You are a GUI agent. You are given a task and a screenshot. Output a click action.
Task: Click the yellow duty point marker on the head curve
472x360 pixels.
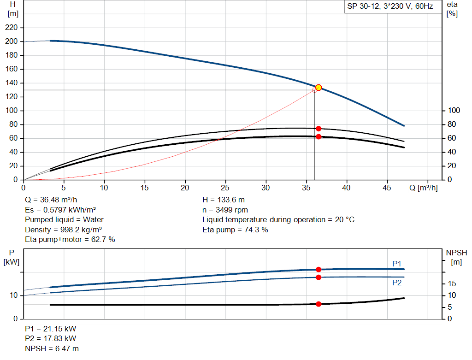coord(318,88)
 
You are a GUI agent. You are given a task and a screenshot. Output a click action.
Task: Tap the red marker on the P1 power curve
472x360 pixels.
coord(319,269)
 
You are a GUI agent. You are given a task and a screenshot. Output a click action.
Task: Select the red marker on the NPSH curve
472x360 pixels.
coord(319,304)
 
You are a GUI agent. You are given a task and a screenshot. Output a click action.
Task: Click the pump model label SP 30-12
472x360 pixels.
coord(390,7)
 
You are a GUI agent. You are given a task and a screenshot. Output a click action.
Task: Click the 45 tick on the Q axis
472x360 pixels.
coord(387,188)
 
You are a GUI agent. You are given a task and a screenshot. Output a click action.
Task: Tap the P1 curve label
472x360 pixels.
coord(397,263)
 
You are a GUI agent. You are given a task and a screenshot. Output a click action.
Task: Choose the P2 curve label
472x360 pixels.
coord(397,283)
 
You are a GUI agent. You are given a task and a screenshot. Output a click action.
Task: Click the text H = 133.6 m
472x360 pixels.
coord(224,200)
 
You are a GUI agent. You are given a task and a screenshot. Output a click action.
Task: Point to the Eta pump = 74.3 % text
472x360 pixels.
coord(235,230)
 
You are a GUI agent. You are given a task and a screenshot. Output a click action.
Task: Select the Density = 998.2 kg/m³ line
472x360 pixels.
coord(64,230)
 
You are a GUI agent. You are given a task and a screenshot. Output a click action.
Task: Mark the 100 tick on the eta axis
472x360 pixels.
coord(454,111)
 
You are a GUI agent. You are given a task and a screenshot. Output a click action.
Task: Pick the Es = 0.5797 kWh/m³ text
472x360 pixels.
coord(60,210)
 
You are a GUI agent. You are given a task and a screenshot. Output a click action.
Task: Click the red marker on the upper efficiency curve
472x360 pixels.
coord(319,129)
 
